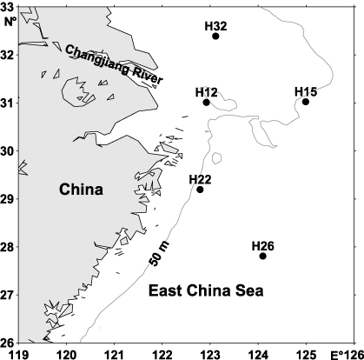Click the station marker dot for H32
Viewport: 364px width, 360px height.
click(x=215, y=36)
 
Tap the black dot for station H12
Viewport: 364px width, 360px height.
click(x=207, y=103)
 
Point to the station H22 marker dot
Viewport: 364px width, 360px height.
click(x=201, y=190)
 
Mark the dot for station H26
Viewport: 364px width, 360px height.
click(x=263, y=256)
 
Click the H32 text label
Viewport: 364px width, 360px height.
click(x=215, y=25)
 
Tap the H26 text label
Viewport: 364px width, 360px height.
click(x=262, y=245)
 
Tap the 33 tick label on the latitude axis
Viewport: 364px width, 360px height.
click(x=8, y=7)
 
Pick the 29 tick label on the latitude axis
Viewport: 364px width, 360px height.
click(x=8, y=199)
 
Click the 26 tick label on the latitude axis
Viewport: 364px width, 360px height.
click(x=8, y=343)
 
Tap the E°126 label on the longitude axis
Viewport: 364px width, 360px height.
click(x=347, y=353)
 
